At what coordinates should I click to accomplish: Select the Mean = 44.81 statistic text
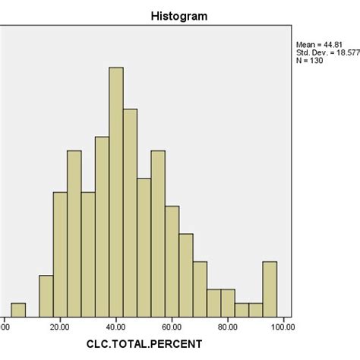(x=318, y=45)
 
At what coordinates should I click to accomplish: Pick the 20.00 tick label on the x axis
(x=60, y=327)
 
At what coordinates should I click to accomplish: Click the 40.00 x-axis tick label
(x=116, y=327)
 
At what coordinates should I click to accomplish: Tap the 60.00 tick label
(x=172, y=327)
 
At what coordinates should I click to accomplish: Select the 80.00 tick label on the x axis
(x=228, y=327)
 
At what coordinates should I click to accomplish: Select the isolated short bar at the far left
(x=18, y=310)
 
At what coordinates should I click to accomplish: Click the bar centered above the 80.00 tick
(x=228, y=303)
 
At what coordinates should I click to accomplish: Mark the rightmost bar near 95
(x=270, y=289)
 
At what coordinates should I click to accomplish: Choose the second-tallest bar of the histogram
(x=130, y=213)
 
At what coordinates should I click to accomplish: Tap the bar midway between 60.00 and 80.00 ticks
(x=200, y=289)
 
